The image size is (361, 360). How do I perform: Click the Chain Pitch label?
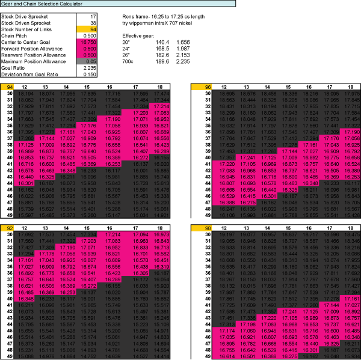point(17,35)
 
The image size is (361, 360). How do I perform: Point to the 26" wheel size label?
point(126,55)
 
